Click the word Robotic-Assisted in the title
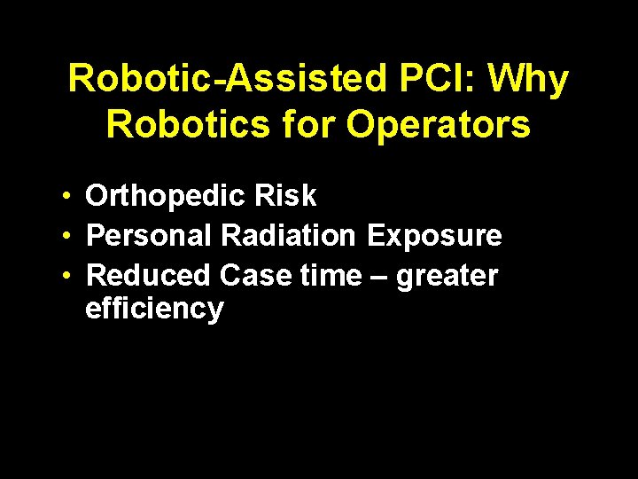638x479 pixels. click(226, 80)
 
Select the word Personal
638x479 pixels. click(151, 236)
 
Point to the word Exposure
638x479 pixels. click(434, 236)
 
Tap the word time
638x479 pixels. click(331, 276)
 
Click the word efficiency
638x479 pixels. click(154, 310)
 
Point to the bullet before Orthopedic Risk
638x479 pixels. click(66, 197)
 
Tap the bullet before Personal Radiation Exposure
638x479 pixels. click(66, 236)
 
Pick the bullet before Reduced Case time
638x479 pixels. click(66, 276)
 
